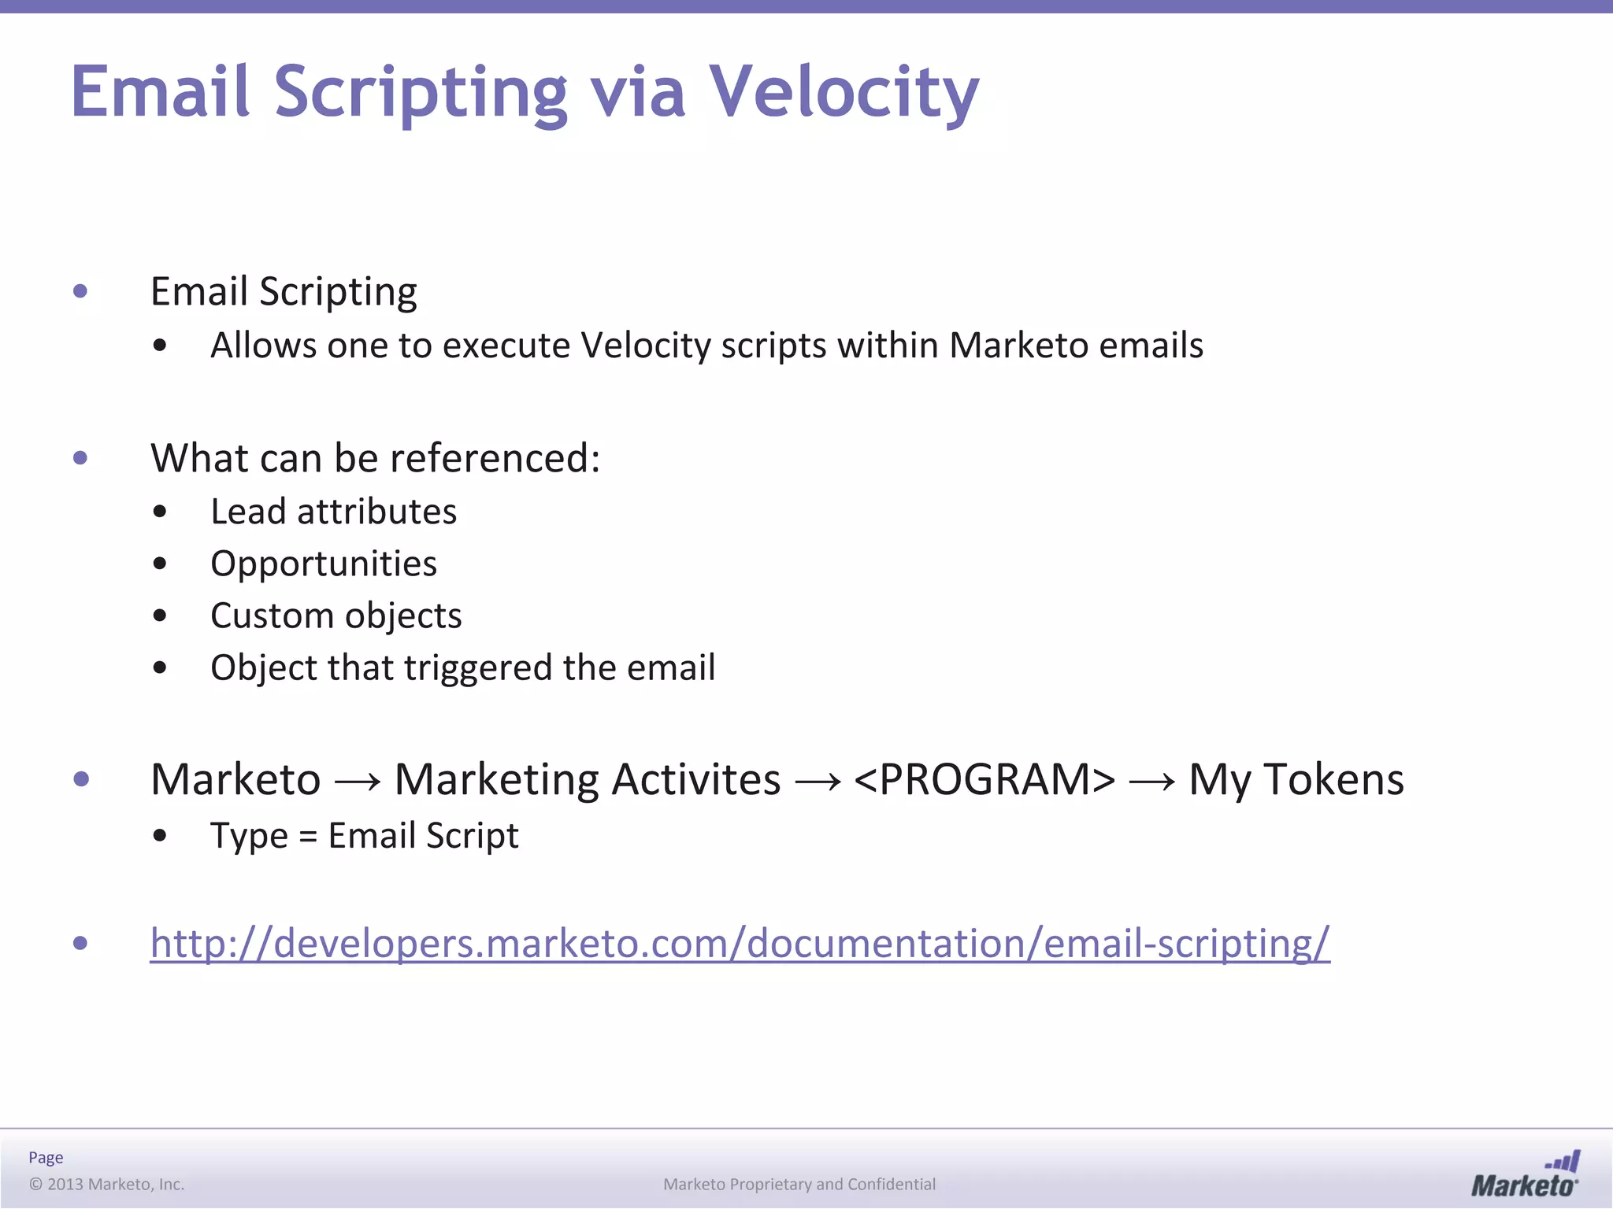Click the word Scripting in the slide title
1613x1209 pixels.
[420, 93]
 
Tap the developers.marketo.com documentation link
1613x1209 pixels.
[740, 943]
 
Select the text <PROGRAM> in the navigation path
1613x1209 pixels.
[984, 780]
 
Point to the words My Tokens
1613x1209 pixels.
[1296, 780]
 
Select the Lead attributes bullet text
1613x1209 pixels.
[333, 512]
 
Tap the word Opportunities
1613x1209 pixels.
[324, 564]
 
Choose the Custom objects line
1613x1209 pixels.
[336, 616]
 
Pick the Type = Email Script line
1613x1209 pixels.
[364, 835]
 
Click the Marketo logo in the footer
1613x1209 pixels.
[1525, 1175]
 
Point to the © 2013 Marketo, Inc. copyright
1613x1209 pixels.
[106, 1184]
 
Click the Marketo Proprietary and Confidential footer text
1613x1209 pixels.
[799, 1184]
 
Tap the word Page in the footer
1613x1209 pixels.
[46, 1157]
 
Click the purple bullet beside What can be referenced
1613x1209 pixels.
[80, 458]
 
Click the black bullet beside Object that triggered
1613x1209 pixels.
[161, 668]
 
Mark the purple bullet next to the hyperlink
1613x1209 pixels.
[80, 943]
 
